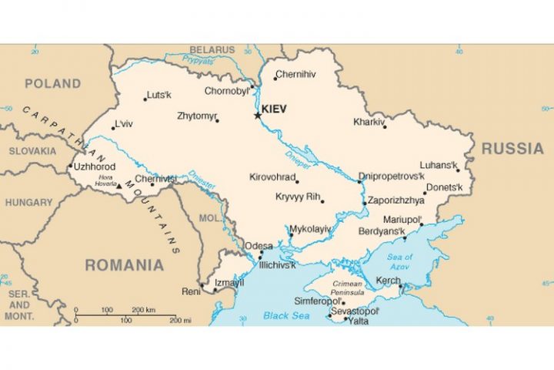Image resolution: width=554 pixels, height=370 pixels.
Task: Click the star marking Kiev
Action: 258,116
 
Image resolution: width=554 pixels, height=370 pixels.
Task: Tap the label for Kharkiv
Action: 368,122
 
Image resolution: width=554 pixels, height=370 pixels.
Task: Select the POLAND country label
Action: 52,83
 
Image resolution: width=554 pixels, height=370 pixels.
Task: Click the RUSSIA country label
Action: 512,148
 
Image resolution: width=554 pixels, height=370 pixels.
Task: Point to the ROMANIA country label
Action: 124,265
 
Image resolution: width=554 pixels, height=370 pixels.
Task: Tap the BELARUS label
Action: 212,50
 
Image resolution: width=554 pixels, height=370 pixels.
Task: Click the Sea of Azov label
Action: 400,261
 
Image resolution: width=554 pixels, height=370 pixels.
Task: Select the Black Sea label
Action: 285,315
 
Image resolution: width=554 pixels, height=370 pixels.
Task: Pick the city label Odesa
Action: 259,246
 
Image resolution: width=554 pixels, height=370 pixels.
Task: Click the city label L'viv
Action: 123,124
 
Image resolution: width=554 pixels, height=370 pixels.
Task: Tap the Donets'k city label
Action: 445,187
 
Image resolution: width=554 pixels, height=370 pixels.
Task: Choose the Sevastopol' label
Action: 356,311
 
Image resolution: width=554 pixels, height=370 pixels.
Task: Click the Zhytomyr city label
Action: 197,116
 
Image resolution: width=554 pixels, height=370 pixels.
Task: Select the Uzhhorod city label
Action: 95,166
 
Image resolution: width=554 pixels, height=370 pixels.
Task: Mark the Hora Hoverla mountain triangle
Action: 118,185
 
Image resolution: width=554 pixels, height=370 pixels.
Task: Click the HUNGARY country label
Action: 29,203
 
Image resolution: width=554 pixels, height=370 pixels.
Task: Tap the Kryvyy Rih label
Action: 297,197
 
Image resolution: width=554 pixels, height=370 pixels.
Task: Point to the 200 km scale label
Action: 144,309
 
